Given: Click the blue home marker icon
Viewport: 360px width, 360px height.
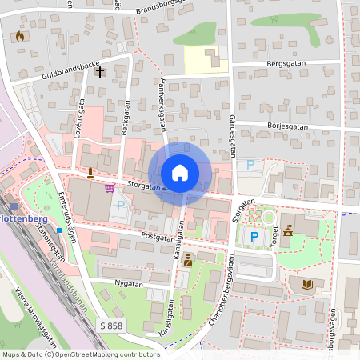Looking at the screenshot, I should click(x=180, y=173).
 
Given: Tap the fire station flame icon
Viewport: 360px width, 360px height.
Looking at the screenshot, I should click(x=20, y=35).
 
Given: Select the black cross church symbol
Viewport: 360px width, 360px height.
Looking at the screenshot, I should click(x=100, y=71).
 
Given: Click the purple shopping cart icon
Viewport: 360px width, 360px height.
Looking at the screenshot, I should click(x=109, y=188).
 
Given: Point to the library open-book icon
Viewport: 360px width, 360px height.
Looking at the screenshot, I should click(x=307, y=284).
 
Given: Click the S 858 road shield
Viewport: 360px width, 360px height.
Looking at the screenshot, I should click(x=113, y=325).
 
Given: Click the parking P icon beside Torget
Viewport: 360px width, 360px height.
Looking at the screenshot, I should click(x=254, y=237).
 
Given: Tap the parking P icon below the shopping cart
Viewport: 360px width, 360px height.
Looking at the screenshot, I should click(x=121, y=206).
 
